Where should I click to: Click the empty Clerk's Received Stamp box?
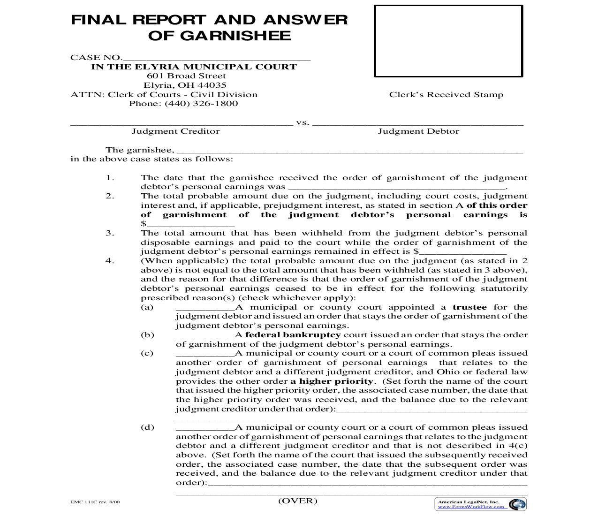tap(448, 41)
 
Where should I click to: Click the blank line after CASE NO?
tap(216, 59)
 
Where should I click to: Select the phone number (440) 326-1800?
tap(201, 104)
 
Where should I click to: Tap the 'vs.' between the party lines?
tap(303, 123)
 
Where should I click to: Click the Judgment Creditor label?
tap(175, 131)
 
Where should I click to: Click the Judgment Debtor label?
tap(418, 131)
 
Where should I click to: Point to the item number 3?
tap(110, 233)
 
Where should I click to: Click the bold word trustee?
tap(469, 307)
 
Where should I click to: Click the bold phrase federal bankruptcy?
tap(293, 335)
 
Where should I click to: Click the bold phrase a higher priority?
tap(332, 381)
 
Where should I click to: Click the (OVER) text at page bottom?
tap(298, 501)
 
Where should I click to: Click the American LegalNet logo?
tap(517, 504)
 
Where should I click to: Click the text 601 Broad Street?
tap(186, 76)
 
